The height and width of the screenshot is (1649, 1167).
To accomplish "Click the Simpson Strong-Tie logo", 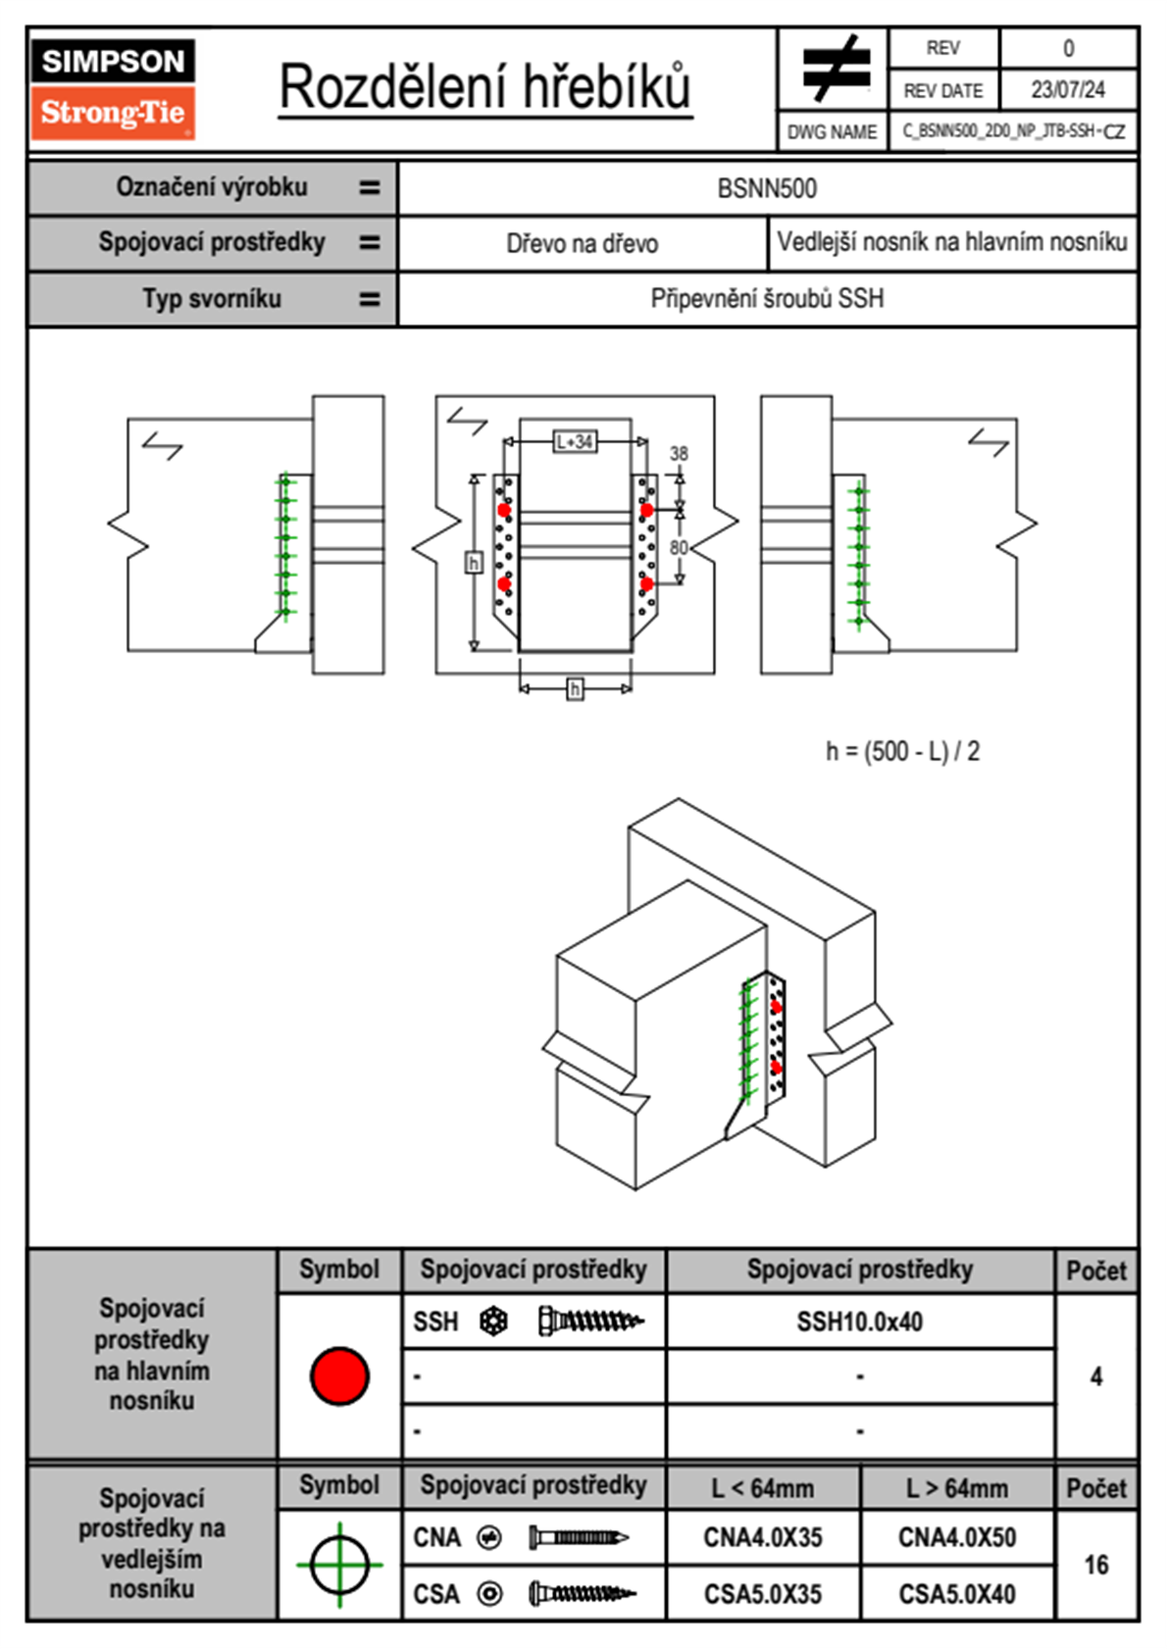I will click(113, 88).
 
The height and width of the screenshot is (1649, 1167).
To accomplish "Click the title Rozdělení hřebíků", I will click(485, 87).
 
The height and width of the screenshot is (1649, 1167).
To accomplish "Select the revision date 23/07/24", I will click(1067, 90).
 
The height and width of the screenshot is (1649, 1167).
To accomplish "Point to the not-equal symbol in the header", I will click(836, 69).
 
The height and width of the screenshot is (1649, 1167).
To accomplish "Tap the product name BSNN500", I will click(767, 188).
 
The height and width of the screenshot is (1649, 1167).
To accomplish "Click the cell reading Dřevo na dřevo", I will click(582, 244).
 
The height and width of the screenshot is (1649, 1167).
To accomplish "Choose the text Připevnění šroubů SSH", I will click(767, 299).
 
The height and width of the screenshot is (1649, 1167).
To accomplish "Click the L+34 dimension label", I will click(575, 442).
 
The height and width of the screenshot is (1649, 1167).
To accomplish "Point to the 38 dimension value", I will click(679, 454).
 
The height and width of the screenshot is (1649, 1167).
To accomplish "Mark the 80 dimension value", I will click(679, 547).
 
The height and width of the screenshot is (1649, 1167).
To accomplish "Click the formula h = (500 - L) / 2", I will click(902, 752).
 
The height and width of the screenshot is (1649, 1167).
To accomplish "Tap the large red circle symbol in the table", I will click(339, 1375).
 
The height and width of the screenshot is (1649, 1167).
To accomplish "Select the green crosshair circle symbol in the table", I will click(339, 1565).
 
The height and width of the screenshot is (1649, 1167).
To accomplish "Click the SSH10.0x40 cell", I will click(859, 1322).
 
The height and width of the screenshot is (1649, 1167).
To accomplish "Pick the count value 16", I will click(1095, 1565).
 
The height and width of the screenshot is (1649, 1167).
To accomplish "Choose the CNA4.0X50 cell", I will click(956, 1537).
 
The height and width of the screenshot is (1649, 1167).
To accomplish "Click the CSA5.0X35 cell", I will click(762, 1594).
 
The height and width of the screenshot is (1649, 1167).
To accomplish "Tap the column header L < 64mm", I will click(762, 1488).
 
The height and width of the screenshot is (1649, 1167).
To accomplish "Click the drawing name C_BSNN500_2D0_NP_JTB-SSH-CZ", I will click(1013, 131).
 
